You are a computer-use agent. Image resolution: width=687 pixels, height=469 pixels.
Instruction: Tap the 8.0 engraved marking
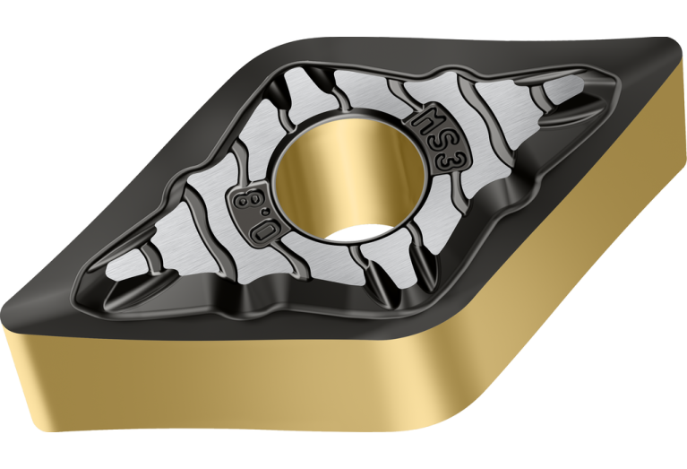point(253,213)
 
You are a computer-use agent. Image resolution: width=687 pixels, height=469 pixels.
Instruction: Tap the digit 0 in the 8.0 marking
point(262,230)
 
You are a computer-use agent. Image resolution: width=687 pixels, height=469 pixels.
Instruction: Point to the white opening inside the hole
point(358,232)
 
